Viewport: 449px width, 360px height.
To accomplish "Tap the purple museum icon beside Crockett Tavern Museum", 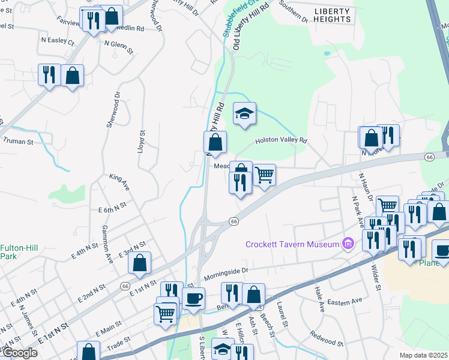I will (x=346, y=244).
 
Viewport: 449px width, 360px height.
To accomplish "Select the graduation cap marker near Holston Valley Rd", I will (x=244, y=114).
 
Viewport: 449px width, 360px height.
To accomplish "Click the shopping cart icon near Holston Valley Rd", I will (x=265, y=175).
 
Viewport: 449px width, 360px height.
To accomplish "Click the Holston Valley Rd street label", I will (x=280, y=140).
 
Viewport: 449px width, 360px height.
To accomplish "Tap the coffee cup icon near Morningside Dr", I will (x=193, y=299).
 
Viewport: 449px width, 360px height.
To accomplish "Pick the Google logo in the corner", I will (x=19, y=353).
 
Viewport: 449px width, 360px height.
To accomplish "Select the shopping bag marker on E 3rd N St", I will (x=139, y=263).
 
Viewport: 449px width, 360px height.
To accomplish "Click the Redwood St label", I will (x=325, y=340).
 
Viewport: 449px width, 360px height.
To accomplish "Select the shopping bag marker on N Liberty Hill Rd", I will (x=215, y=143).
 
